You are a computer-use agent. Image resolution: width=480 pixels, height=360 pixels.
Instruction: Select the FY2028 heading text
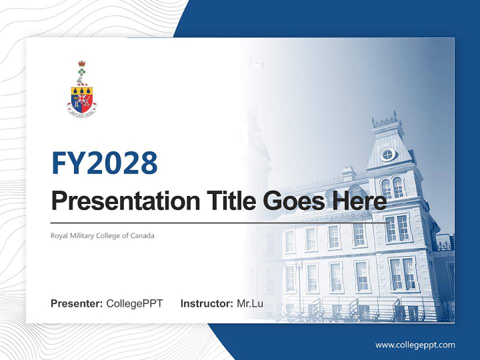(x=104, y=163)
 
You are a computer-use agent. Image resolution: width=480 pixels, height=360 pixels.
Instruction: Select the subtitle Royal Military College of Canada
(x=102, y=235)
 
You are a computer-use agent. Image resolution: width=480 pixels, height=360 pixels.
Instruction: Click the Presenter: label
(x=77, y=303)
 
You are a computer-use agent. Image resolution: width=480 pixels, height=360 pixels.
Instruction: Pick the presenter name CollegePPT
(x=134, y=303)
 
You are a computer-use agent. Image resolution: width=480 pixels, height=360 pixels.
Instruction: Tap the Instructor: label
(x=206, y=303)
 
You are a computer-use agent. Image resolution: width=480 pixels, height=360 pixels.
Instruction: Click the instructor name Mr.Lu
(x=250, y=303)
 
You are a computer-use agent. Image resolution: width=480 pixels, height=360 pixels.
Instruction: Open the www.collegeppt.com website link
(x=415, y=345)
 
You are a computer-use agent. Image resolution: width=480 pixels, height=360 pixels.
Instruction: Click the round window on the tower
(x=387, y=154)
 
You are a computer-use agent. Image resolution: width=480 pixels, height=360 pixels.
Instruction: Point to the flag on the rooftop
(x=256, y=62)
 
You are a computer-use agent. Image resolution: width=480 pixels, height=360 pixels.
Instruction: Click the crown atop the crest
(x=81, y=64)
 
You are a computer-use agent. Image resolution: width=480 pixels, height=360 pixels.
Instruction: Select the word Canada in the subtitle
(x=143, y=235)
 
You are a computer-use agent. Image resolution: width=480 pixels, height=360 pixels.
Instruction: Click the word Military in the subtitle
(x=80, y=235)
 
